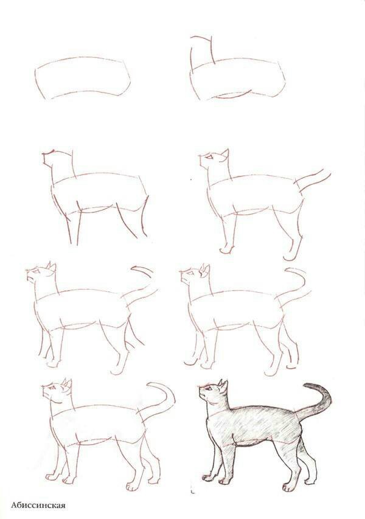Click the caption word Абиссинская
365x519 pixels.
click(x=38, y=504)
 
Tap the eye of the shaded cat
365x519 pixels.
click(x=210, y=389)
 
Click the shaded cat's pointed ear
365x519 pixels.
click(x=223, y=385)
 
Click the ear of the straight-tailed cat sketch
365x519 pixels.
click(x=224, y=153)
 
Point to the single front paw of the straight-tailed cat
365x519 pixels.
click(x=225, y=249)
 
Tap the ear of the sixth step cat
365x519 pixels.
click(x=206, y=269)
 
